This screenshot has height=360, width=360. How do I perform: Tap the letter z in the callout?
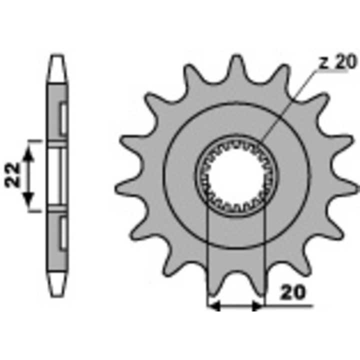[324, 63]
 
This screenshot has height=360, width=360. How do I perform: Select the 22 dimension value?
[14, 175]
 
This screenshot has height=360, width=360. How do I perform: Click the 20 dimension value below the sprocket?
[292, 292]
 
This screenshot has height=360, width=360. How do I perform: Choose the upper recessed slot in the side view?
[62, 120]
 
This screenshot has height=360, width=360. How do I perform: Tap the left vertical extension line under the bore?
[207, 250]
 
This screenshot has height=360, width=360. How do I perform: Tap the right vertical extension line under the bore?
[263, 250]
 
